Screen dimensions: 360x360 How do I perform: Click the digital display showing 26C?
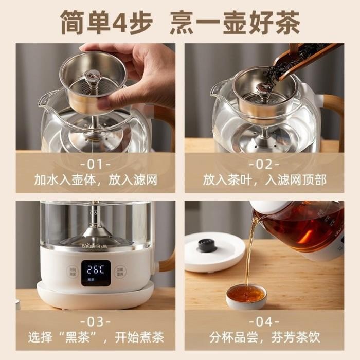tap(95, 269)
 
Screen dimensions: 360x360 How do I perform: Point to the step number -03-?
tap(95, 322)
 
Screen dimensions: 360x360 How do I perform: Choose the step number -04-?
tap(264, 322)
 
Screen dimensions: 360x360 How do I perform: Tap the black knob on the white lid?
tap(207, 245)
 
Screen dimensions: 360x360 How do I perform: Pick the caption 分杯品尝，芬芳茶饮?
tap(264, 337)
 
